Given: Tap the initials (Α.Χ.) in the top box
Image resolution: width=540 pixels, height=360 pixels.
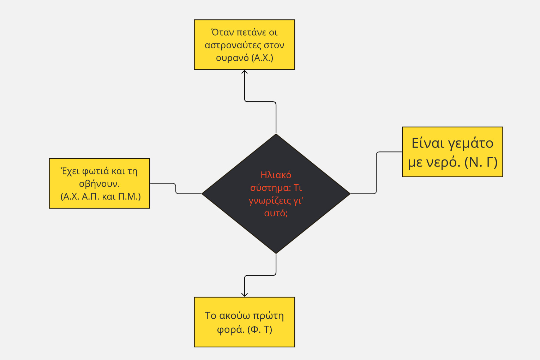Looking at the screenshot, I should (x=263, y=58).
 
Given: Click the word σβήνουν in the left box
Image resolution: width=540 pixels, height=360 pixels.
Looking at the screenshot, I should (x=99, y=184).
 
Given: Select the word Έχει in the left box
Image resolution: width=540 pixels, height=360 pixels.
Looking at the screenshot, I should (x=70, y=172).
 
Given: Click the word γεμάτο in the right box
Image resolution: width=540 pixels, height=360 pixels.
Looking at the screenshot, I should (x=470, y=144).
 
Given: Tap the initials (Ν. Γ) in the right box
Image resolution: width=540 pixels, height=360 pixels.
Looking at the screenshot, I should (x=481, y=162).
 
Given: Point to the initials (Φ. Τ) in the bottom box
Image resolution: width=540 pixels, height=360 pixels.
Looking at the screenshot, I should (x=260, y=330).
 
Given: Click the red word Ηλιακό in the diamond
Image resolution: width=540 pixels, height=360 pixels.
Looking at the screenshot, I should (x=276, y=175).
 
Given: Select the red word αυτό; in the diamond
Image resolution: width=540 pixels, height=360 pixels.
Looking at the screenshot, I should (x=276, y=213).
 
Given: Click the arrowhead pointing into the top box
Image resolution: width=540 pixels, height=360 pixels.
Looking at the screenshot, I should (x=245, y=72).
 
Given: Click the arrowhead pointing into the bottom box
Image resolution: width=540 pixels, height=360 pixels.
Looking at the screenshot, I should (x=245, y=295).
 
